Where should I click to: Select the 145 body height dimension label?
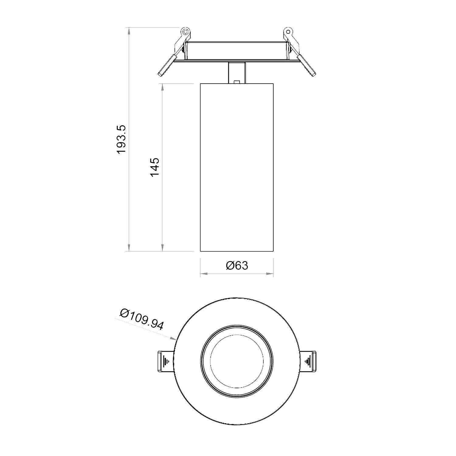(154, 167)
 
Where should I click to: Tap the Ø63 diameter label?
(237, 265)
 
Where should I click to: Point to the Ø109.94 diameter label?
(142, 319)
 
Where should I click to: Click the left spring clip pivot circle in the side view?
(185, 32)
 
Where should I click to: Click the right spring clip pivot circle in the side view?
(288, 32)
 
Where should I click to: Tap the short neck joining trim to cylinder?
(237, 72)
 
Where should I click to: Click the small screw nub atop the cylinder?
(237, 81)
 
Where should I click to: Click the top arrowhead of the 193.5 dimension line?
(129, 31)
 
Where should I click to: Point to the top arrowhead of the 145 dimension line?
(163, 86)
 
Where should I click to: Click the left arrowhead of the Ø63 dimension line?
(203, 274)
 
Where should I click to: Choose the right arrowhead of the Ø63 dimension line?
(270, 274)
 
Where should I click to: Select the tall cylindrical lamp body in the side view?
(237, 167)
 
